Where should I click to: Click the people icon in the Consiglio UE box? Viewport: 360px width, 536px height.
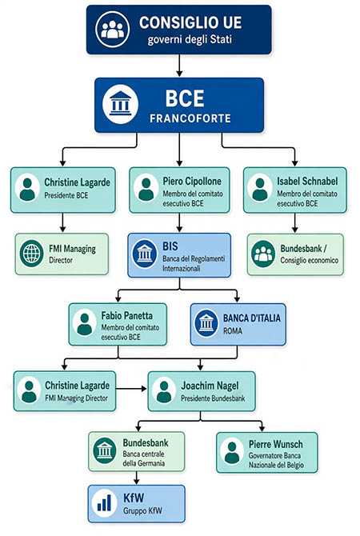pos(113,29)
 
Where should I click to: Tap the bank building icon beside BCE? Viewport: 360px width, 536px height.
pos(120,104)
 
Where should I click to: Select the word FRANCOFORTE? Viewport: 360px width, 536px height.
pos(190,118)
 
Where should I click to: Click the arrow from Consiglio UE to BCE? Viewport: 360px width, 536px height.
pos(179,66)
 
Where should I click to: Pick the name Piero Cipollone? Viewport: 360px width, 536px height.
pos(192,181)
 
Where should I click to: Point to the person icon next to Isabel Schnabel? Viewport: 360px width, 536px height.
pos(260,188)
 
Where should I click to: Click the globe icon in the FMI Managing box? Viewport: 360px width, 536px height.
pos(31,254)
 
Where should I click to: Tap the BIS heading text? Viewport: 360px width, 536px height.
pos(170,246)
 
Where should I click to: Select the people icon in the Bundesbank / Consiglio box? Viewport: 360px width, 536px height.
pos(263,254)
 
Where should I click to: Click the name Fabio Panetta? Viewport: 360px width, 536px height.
pos(127,315)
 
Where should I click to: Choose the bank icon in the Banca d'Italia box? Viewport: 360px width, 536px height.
pos(206,323)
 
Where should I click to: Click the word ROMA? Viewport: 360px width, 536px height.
pos(233,331)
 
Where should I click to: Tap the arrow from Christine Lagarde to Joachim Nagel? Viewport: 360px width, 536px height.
pos(131,389)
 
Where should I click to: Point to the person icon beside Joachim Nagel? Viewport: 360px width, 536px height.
pos(164,391)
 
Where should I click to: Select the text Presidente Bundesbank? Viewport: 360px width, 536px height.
pos(213,398)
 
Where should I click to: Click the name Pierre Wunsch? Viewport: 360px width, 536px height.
pos(275,444)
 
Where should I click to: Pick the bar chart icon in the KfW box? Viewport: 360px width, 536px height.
pos(104,503)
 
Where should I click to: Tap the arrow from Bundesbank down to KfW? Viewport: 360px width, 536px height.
pos(137,478)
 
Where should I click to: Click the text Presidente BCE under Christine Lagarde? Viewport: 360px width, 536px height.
pos(66,195)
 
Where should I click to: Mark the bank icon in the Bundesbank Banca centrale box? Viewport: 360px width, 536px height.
pos(105,451)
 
